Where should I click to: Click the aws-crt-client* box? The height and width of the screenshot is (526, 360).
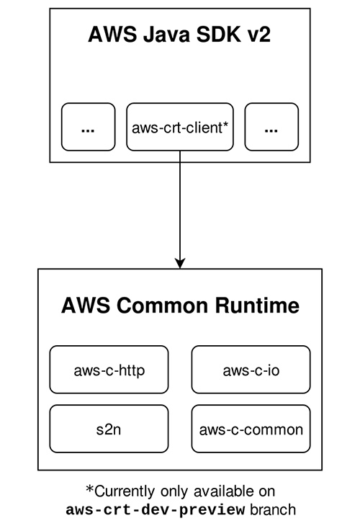tap(180, 128)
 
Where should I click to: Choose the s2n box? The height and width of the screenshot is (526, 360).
tap(109, 429)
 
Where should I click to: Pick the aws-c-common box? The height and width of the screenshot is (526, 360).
tap(251, 429)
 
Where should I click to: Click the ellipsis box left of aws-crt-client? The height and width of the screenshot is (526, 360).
tap(89, 128)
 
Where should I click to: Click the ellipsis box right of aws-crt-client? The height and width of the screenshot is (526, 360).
tap(271, 128)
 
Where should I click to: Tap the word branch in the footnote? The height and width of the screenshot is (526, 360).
tap(271, 510)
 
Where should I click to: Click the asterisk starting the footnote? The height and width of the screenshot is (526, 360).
tap(90, 490)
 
